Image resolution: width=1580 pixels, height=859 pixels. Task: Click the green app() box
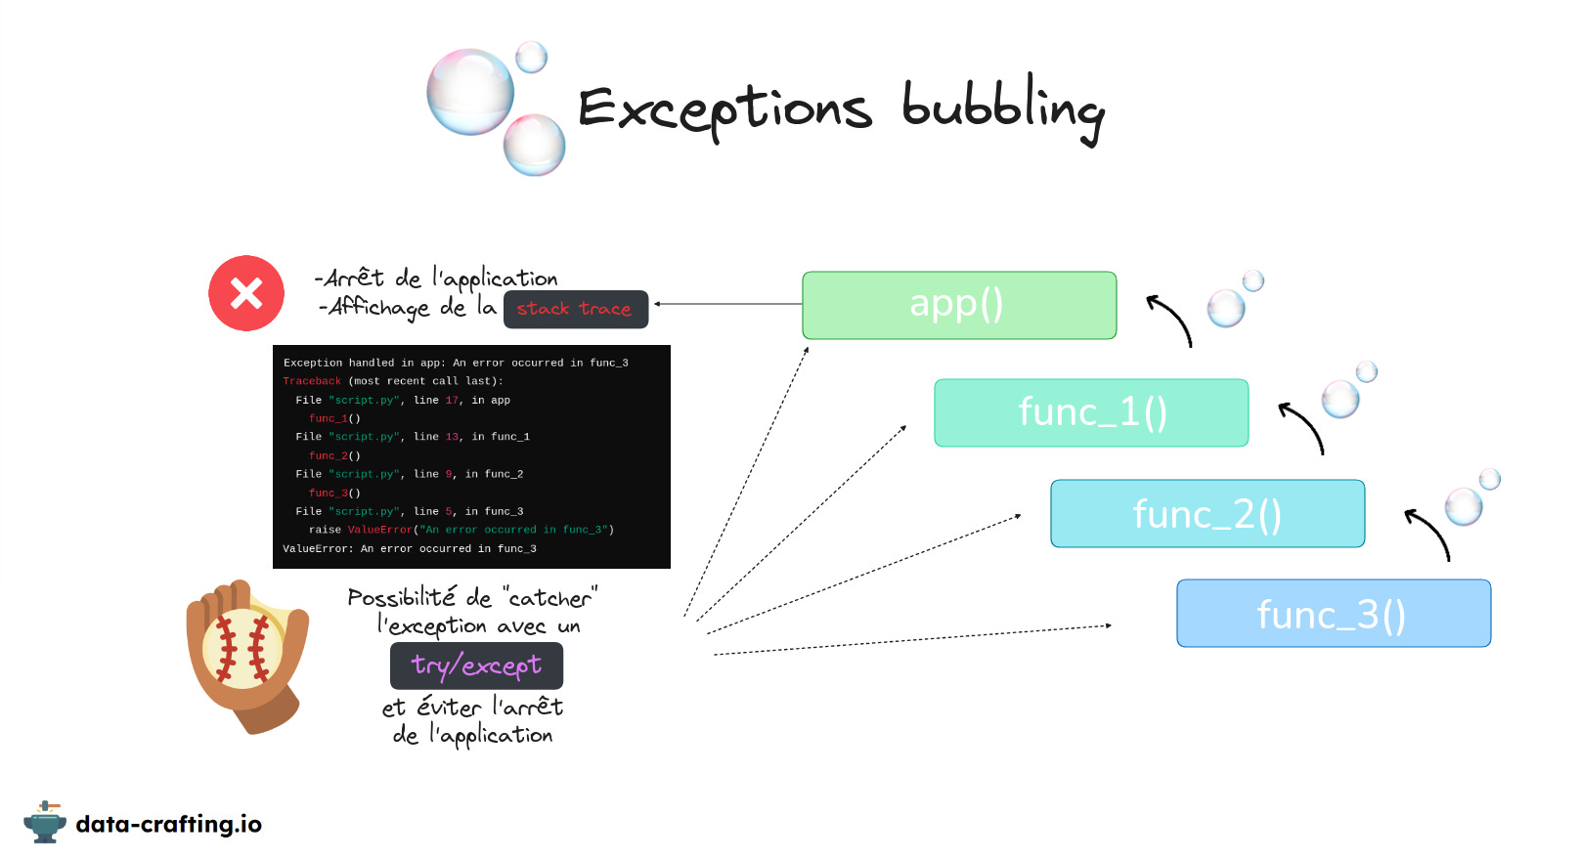[958, 305]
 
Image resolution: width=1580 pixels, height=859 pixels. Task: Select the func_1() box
[1091, 412]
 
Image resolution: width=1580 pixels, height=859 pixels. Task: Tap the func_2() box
[1207, 513]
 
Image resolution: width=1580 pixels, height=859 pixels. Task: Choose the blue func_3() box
[1333, 614]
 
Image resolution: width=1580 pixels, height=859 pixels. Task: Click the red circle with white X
[246, 293]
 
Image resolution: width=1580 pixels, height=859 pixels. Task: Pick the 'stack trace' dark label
[575, 309]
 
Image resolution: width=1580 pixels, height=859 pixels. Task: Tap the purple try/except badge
[476, 666]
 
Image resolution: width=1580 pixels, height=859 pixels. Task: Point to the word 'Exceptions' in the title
[724, 110]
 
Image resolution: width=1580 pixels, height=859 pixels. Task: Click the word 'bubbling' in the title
[1002, 108]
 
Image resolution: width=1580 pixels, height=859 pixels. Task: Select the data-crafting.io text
[168, 824]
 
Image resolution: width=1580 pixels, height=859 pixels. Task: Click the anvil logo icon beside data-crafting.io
[44, 822]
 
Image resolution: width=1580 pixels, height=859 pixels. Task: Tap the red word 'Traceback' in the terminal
[312, 381]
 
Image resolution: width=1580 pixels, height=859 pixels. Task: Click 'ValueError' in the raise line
[379, 530]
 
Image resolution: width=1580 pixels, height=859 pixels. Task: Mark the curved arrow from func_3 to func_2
[1429, 534]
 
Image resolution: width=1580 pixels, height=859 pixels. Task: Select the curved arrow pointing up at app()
[1171, 320]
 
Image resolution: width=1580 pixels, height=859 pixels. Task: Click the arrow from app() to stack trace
[728, 304]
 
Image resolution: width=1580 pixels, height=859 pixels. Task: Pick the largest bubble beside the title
[470, 92]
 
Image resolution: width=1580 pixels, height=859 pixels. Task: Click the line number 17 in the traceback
[452, 400]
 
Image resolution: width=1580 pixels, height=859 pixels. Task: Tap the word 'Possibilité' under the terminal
[401, 597]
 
